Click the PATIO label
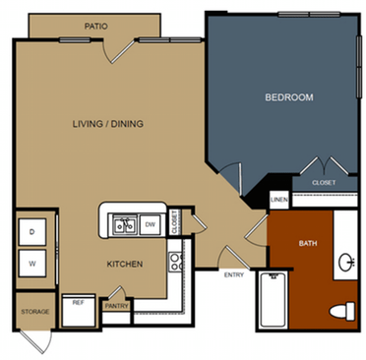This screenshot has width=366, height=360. point(95,27)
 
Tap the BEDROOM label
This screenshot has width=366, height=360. point(289,97)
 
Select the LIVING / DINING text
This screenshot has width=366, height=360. point(113,124)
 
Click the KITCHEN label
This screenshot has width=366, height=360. point(126,264)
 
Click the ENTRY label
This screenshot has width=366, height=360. point(234,274)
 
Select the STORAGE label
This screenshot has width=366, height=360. point(34,312)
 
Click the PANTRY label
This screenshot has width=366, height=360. point(117,306)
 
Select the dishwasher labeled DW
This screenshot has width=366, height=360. point(151,225)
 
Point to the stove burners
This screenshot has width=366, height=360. point(175,261)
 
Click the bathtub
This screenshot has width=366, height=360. point(272,302)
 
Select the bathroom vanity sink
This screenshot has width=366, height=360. point(346,263)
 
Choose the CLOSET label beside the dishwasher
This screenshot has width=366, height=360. point(174,222)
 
